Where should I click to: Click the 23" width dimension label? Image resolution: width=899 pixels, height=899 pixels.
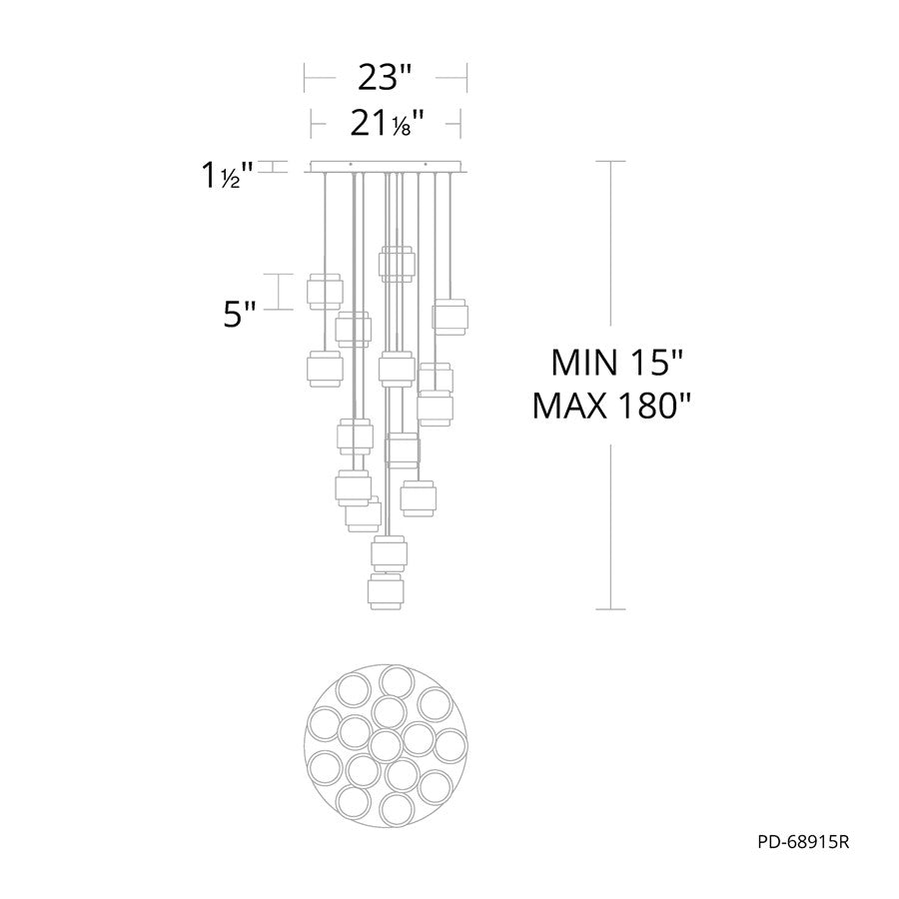(386, 77)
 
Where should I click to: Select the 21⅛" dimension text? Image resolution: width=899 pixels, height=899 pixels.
(387, 122)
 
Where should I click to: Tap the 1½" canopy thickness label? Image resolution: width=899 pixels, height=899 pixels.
(227, 175)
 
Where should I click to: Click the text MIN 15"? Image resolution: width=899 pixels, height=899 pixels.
(617, 363)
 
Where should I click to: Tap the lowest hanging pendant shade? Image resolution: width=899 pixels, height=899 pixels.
(386, 591)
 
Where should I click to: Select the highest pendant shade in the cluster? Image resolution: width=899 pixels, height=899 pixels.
(396, 264)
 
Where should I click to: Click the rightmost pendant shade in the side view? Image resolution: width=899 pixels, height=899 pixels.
(450, 317)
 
